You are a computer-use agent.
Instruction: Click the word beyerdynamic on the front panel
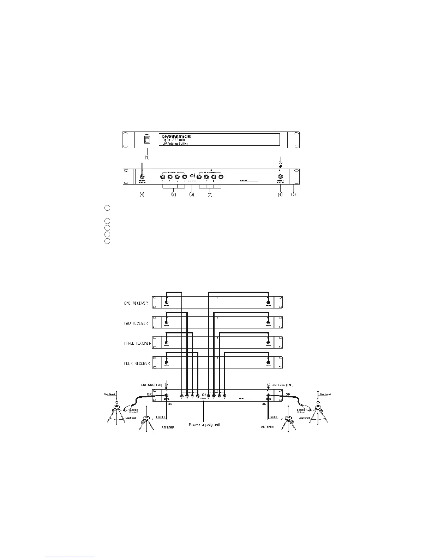[176, 136]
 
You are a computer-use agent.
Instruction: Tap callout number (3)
[192, 194]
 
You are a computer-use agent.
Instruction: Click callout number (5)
[293, 194]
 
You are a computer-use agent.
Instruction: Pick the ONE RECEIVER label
[136, 303]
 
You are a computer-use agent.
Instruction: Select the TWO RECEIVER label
[136, 323]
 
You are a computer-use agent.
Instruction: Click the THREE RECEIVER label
[137, 343]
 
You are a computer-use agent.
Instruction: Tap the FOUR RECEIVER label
[137, 363]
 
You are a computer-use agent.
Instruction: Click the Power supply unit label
[204, 424]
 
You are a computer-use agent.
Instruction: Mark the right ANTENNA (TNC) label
[283, 385]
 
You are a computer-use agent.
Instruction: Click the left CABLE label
[161, 417]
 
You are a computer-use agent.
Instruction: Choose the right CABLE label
[274, 417]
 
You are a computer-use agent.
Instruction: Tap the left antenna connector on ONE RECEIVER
[167, 303]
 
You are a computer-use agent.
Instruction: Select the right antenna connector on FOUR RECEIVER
[268, 362]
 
